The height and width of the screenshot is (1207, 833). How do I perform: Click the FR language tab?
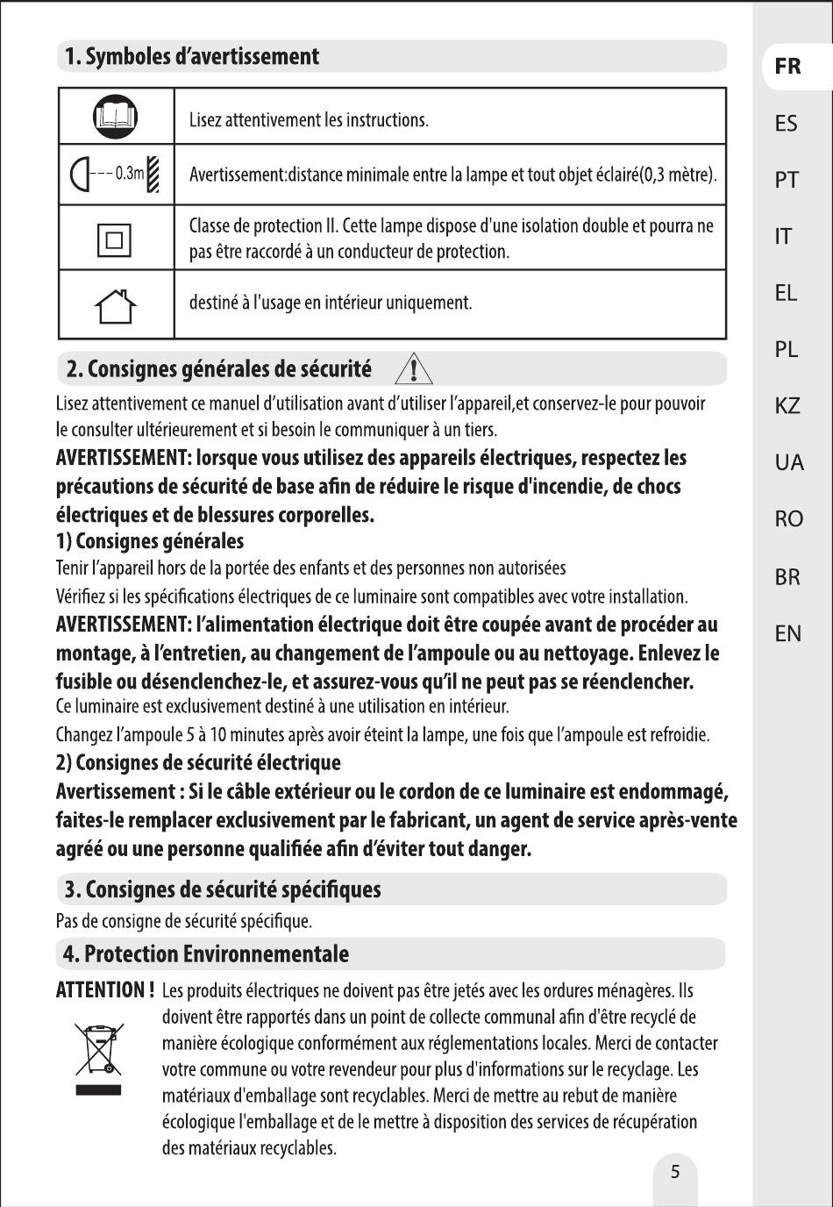pos(787,67)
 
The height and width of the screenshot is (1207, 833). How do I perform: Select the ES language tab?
pos(787,124)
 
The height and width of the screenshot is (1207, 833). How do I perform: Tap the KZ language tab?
pos(787,406)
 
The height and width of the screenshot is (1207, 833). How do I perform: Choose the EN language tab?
pos(787,633)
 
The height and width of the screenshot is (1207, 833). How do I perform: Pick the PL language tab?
pos(787,349)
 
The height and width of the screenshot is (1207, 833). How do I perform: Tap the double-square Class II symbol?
pos(115,239)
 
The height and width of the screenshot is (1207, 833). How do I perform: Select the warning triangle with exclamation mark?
pos(414,368)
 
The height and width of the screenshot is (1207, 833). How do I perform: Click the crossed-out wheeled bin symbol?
pos(98,1049)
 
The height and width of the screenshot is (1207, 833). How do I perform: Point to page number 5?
pos(674,1172)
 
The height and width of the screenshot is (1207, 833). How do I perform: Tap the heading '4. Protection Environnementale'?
pos(205,953)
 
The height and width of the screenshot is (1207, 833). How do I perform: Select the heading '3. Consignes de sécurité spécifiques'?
pos(222,889)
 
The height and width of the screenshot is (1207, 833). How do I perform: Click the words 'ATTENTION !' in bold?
pos(105,990)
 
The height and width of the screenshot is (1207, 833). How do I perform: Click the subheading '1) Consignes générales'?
pos(150,541)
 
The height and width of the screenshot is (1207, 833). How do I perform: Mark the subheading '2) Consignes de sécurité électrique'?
pos(198,762)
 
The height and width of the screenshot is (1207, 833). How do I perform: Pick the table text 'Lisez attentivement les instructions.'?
pos(309,120)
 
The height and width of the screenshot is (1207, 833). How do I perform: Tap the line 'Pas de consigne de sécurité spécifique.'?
pos(184,921)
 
